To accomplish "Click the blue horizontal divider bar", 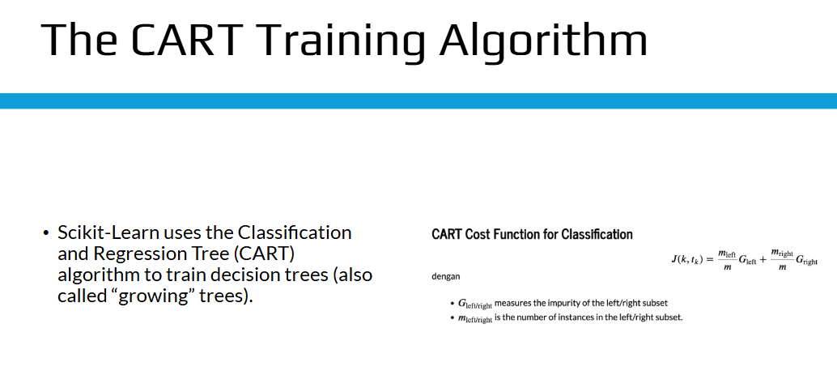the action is pos(418,101).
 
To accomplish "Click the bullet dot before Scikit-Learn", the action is pos(46,233).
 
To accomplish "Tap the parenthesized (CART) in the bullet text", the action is pos(264,254).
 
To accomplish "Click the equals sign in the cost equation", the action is pos(709,259).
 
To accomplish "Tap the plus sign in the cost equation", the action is pos(763,259).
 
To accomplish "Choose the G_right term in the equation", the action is pos(806,260).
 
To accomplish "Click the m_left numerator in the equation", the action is pos(727,254).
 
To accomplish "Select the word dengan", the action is pos(446,276).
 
